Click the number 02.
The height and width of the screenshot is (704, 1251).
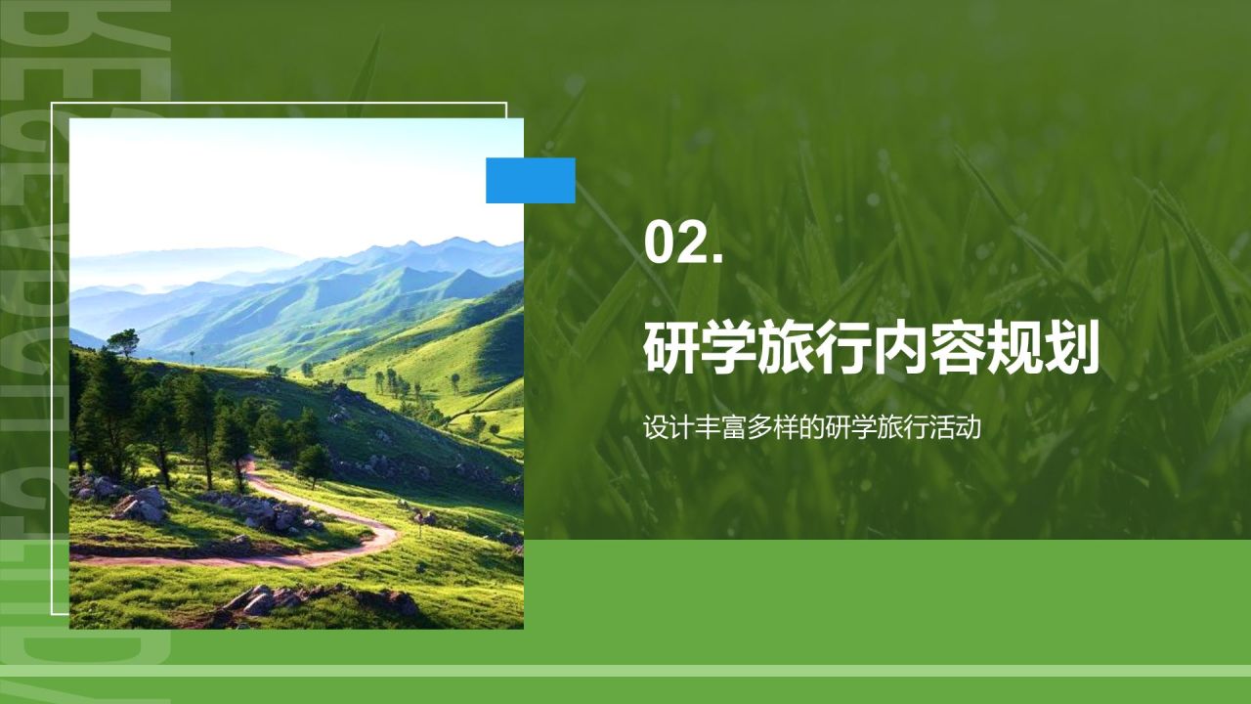tap(682, 243)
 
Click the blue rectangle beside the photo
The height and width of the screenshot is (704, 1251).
tap(531, 180)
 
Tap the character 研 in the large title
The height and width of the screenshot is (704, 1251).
tap(671, 350)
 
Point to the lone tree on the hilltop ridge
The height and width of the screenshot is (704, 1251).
tap(124, 342)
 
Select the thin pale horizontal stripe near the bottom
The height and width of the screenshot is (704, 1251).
tap(625, 671)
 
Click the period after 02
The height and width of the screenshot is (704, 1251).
tap(716, 259)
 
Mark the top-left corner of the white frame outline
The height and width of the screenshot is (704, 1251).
tap(52, 103)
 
